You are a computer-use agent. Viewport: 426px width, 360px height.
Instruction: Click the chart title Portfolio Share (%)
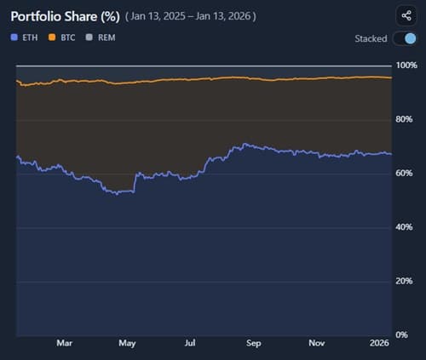coord(65,16)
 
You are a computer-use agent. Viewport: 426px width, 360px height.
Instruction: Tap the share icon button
coord(403,15)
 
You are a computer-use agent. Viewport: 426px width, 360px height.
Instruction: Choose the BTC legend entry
coord(64,37)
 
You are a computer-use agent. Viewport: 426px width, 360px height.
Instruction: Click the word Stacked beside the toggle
coord(371,38)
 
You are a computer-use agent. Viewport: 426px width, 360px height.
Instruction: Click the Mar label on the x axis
coord(65,345)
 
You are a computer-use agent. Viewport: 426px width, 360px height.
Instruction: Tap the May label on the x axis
coord(127,345)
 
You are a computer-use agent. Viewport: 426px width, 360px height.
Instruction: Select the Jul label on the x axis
coord(190,345)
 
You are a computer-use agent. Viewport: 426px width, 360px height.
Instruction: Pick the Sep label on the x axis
coord(253,345)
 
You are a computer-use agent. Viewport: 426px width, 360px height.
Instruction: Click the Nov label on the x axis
coord(316,345)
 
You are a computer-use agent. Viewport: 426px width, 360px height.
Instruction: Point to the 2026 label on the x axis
coord(379,345)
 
